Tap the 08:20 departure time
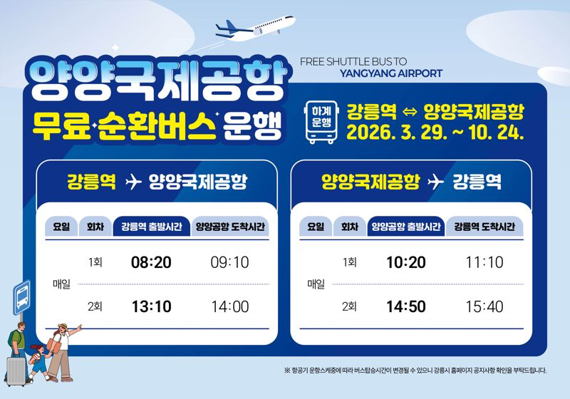point(151,262)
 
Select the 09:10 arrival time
point(230,262)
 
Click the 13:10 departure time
point(151,307)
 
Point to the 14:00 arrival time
point(230,307)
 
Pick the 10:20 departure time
point(405,262)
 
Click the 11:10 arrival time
point(484,262)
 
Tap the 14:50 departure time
point(405,307)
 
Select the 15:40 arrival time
point(484,307)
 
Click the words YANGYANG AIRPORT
point(391,73)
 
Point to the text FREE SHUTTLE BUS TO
point(353,61)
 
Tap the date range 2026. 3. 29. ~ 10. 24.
point(436,133)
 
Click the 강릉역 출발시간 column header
point(151,227)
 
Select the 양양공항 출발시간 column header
point(405,227)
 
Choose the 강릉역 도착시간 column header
point(484,227)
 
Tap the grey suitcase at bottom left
point(15,369)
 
